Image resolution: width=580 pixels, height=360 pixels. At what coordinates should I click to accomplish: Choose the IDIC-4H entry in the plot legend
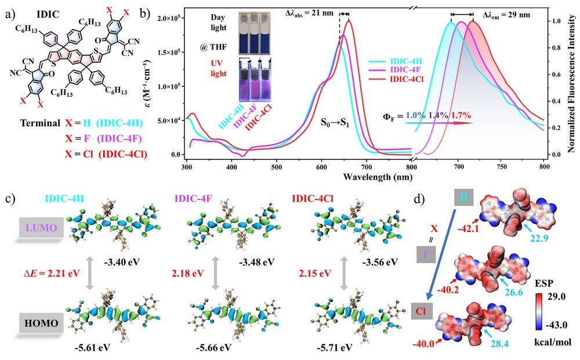click(x=409, y=60)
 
